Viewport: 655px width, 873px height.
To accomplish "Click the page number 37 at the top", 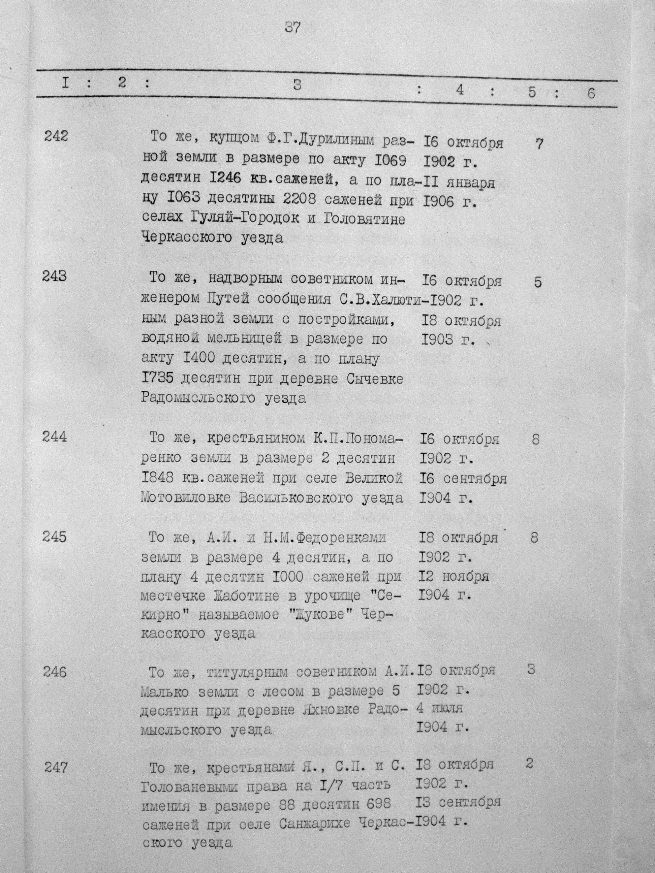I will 292,28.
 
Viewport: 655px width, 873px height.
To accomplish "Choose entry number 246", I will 55,671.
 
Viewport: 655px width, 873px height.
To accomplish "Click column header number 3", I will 297,85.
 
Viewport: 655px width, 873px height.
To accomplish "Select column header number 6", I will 591,94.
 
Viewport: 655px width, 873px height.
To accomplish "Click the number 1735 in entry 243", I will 158,379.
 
